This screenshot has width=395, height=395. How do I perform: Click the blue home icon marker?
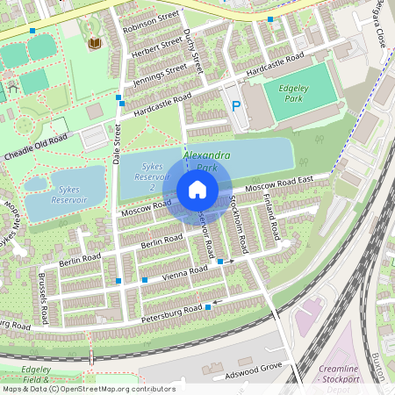tap(197, 190)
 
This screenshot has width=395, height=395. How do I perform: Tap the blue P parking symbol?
tap(235, 106)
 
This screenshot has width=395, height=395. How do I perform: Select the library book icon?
tap(95, 43)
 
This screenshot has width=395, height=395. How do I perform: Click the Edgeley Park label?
tap(283, 93)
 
